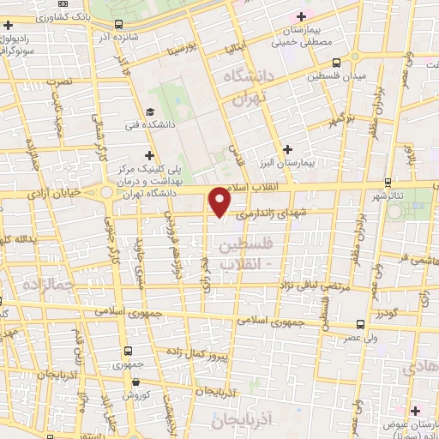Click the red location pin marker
(x=220, y=201)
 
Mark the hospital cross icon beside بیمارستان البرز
(x=288, y=149)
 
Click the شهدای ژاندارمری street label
(x=267, y=211)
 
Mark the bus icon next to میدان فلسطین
(x=335, y=62)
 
